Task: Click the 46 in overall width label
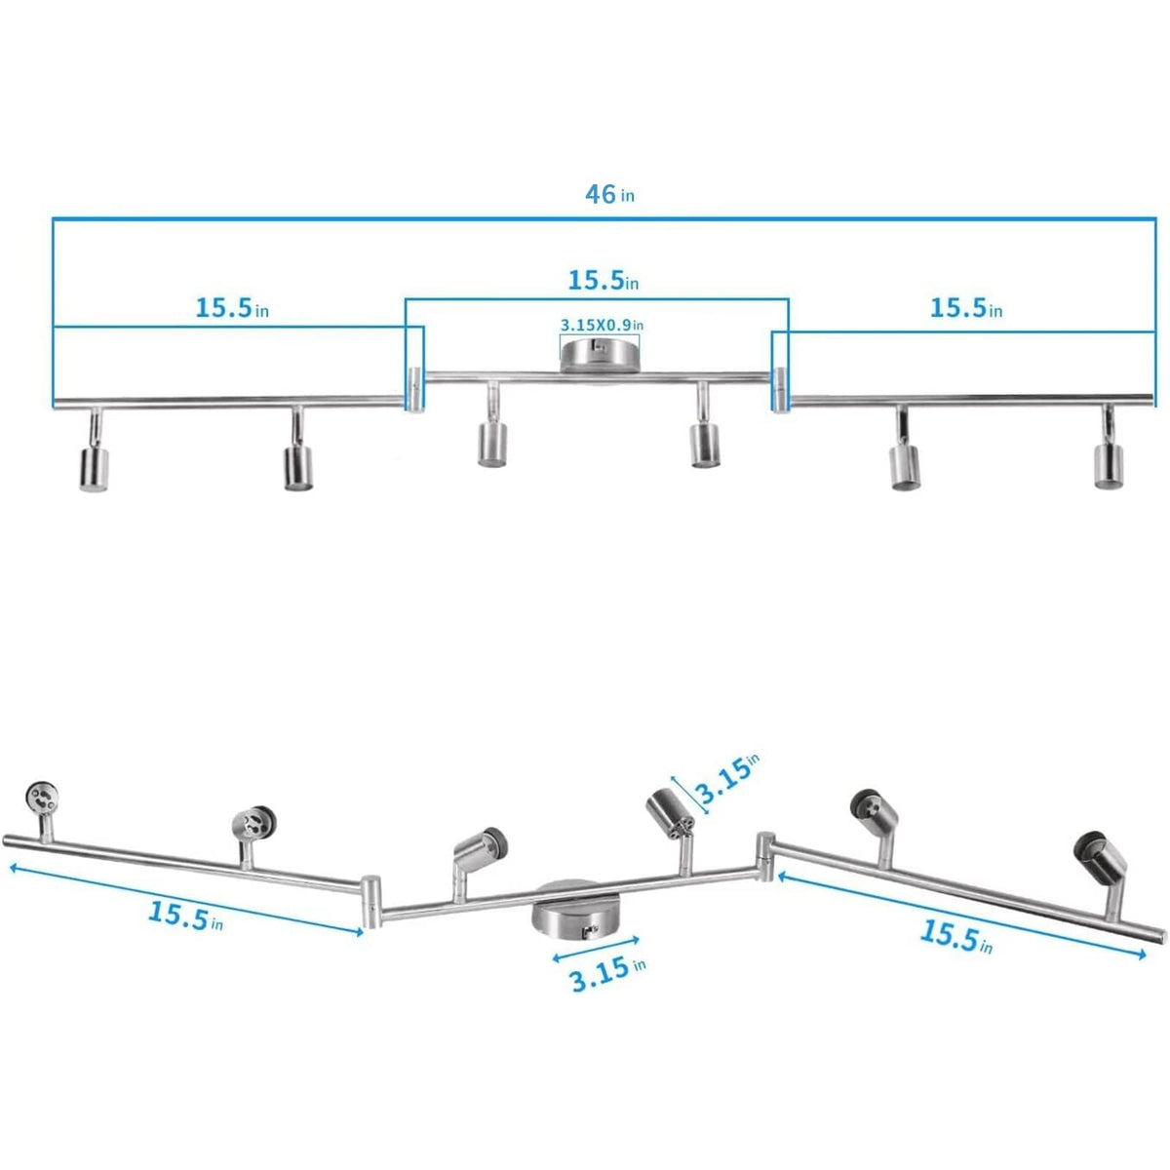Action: point(609,194)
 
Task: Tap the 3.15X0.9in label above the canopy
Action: point(602,324)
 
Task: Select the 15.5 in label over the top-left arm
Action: point(232,308)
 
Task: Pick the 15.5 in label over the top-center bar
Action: point(604,281)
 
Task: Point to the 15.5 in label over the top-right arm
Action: point(965,308)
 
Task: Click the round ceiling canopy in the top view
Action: point(601,355)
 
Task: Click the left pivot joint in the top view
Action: point(414,389)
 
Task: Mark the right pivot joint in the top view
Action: point(781,389)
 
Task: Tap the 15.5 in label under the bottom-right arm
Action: point(956,936)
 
